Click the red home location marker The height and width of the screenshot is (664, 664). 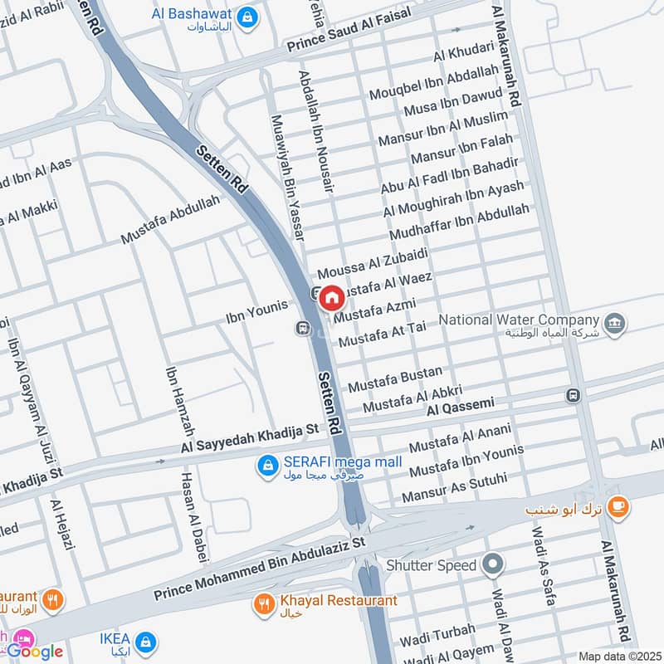[331, 296]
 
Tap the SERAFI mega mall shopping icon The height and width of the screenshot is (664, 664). [267, 468]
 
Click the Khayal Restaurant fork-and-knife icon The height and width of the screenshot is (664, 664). [265, 605]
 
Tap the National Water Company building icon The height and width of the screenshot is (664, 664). [615, 324]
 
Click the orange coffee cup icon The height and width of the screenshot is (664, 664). [617, 505]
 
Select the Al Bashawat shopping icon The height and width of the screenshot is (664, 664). [247, 16]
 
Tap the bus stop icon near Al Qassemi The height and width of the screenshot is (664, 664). [573, 395]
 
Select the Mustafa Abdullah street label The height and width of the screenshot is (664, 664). [171, 219]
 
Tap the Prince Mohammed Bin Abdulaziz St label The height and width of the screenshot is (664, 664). [259, 569]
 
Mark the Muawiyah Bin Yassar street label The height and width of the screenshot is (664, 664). [284, 178]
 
